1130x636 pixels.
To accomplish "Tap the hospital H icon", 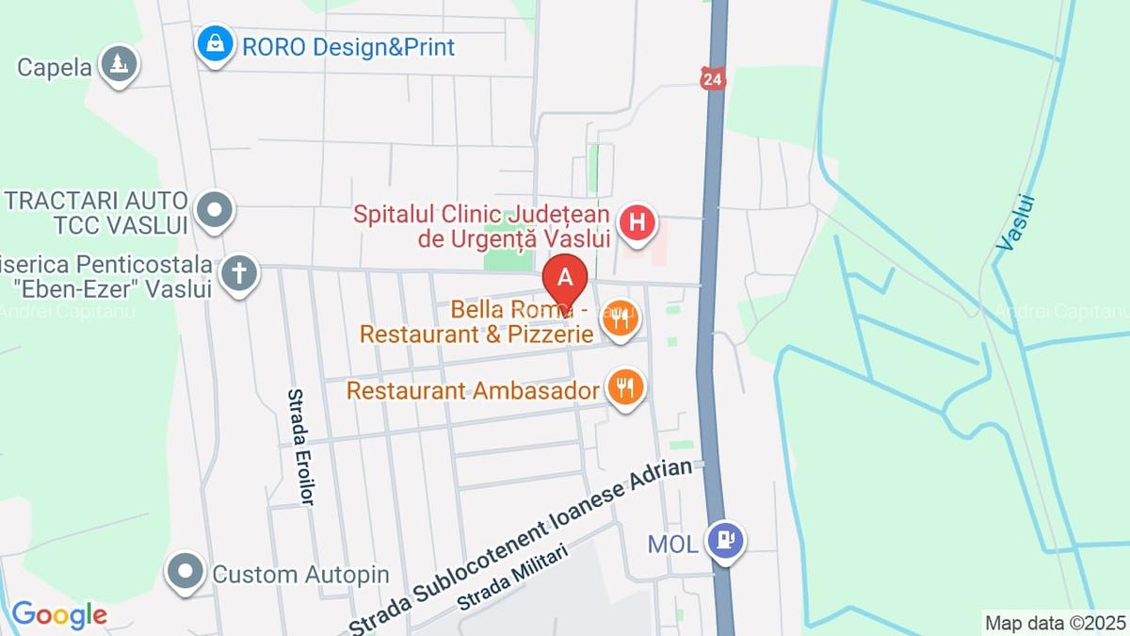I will [x=638, y=223].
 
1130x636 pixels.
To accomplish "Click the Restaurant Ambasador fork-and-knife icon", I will [x=624, y=385].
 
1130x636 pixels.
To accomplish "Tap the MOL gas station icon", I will [x=726, y=541].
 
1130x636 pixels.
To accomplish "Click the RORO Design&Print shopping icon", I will [x=216, y=43].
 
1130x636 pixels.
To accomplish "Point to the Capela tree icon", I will [x=119, y=64].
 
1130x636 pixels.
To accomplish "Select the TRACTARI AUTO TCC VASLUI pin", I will [x=216, y=207].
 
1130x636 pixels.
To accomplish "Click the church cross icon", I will [x=239, y=274].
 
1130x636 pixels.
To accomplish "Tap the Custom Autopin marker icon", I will [x=186, y=571].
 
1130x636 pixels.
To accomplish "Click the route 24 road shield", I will [x=712, y=79].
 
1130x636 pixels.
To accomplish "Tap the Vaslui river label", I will [x=1015, y=222].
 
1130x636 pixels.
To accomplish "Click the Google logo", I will [x=58, y=615].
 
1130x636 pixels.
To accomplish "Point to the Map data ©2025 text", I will [x=1055, y=623].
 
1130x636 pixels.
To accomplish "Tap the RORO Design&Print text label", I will [x=348, y=46].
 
